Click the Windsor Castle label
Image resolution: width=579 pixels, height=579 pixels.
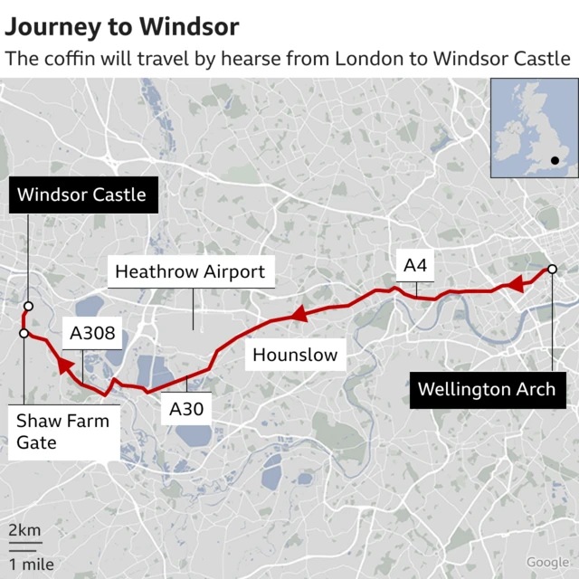(81, 195)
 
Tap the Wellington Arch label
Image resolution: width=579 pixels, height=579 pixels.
(486, 390)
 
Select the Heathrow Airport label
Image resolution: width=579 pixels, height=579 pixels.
(190, 271)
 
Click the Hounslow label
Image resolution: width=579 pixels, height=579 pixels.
(295, 355)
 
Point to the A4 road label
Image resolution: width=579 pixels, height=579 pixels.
(415, 265)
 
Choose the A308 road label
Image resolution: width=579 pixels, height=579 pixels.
(93, 334)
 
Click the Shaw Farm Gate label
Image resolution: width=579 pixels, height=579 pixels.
(62, 432)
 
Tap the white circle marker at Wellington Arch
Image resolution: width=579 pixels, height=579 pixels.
(550, 271)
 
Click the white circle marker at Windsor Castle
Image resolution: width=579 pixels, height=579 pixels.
(28, 306)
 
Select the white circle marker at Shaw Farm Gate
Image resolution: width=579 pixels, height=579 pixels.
(24, 334)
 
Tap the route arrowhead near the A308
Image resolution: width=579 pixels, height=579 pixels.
(62, 365)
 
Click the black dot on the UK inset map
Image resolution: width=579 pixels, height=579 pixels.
(555, 161)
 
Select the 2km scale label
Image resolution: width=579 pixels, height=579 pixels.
(24, 530)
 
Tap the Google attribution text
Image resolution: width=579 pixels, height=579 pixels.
(548, 563)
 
